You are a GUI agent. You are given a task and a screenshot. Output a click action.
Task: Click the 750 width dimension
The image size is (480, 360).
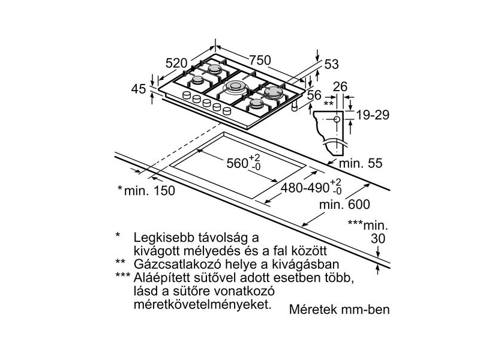(260, 61)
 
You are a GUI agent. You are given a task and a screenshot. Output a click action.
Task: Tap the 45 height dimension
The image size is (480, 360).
(139, 89)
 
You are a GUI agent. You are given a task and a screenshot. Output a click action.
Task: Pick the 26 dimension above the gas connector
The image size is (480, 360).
(340, 87)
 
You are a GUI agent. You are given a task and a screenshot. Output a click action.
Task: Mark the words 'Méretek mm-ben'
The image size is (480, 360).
(339, 310)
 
